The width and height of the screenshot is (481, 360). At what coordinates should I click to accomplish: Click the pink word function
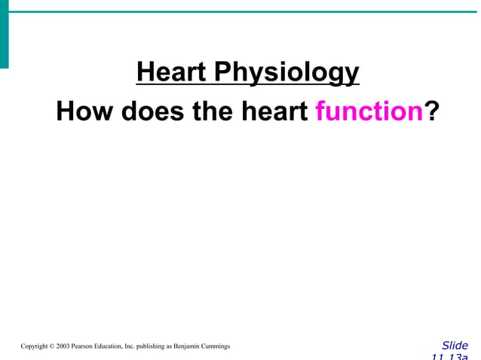click(369, 111)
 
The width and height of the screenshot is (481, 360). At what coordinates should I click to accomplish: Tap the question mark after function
click(432, 111)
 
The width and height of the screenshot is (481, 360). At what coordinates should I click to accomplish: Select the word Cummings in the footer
click(216, 346)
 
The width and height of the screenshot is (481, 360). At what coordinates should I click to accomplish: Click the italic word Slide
click(455, 346)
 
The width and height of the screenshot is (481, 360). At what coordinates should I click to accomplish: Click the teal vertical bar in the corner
click(4, 34)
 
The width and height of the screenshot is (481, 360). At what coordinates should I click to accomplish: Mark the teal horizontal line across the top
click(241, 12)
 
